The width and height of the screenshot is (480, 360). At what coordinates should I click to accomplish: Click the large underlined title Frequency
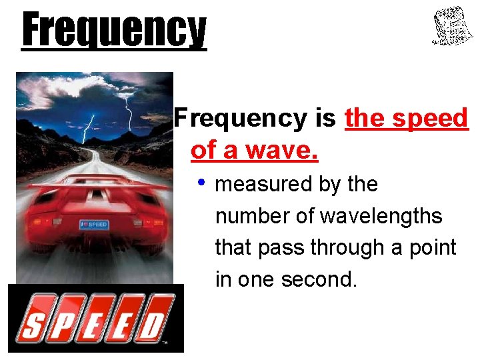(x=114, y=31)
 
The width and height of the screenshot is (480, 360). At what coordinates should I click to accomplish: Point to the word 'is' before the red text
(x=326, y=119)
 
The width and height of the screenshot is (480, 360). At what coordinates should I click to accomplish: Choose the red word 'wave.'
(x=280, y=151)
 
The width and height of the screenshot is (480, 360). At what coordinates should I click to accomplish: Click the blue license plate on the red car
(x=93, y=224)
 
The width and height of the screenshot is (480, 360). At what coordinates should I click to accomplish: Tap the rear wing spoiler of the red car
(x=93, y=182)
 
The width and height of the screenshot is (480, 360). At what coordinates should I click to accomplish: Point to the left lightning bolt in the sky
(x=87, y=127)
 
